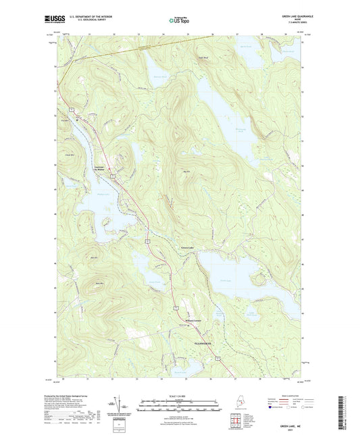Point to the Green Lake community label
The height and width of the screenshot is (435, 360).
(x=187, y=248)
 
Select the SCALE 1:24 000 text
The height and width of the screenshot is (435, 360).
(x=179, y=395)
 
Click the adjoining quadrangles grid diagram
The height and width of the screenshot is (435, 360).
(x=237, y=422)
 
